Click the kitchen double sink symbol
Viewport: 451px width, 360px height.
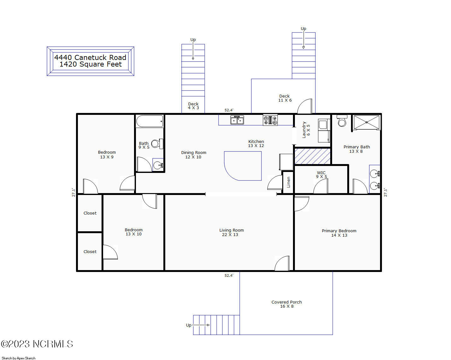point(237,120)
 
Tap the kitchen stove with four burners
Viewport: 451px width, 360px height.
point(270,120)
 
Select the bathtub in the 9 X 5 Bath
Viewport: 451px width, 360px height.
point(149,121)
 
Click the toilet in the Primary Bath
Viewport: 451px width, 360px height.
point(342,121)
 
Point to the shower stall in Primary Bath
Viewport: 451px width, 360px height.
point(366,122)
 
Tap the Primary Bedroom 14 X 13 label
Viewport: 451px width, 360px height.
point(339,233)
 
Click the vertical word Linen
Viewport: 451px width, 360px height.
point(288,182)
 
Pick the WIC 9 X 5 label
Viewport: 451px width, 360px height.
point(321,174)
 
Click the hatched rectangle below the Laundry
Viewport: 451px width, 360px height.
point(313,156)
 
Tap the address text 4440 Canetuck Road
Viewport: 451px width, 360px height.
point(90,57)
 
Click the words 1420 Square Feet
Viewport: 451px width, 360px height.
point(91,64)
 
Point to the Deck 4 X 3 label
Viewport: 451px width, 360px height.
point(193,106)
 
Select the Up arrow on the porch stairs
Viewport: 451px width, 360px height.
point(201,325)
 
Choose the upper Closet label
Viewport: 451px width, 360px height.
point(90,213)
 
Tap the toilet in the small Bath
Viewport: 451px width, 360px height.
point(157,144)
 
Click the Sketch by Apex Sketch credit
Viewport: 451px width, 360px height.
point(18,358)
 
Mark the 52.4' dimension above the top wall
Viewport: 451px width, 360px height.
point(229,110)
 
